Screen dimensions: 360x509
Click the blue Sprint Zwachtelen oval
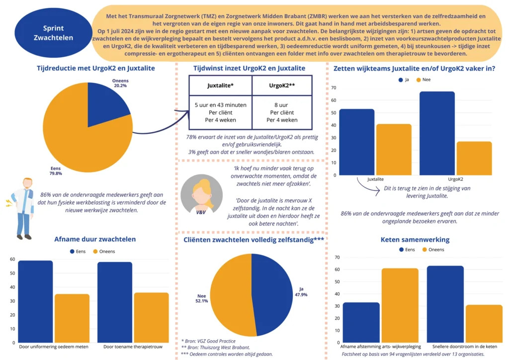pos(53,33)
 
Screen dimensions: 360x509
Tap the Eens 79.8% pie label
pos(55,171)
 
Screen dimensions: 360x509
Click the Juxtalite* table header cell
pos(220,85)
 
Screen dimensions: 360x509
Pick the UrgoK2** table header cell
pos(282,85)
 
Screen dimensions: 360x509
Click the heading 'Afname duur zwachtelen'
pos(95,239)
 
